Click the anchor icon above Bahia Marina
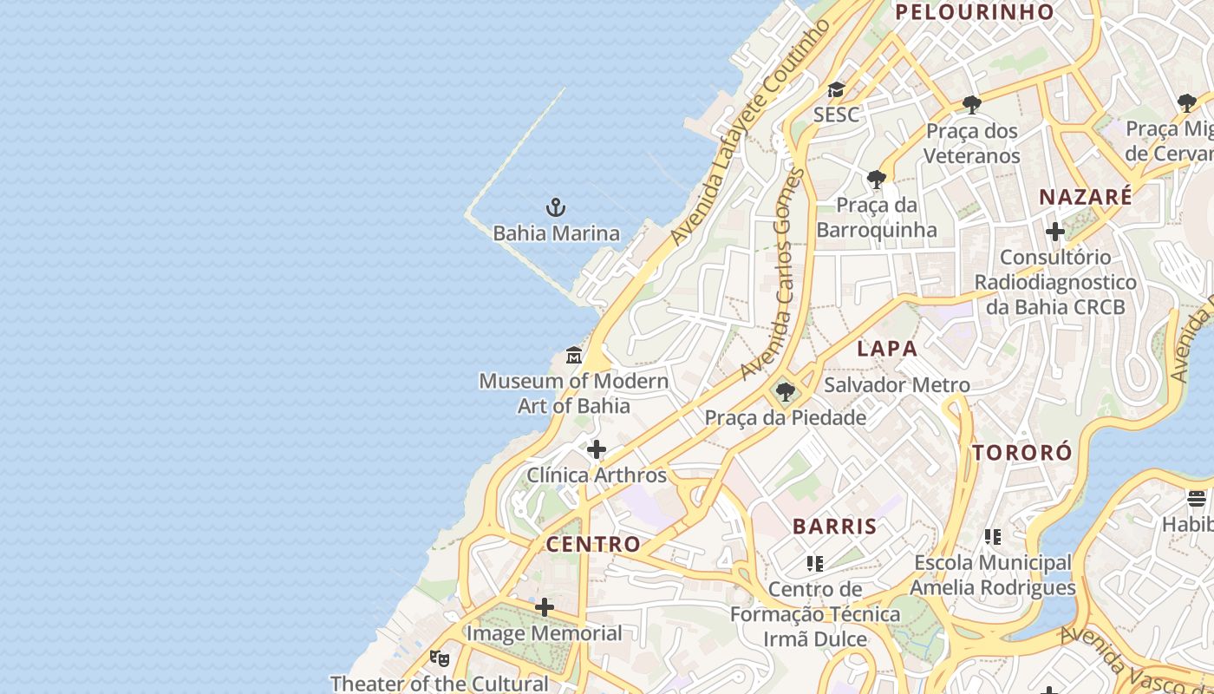pyautogui.click(x=556, y=207)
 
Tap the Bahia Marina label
pyautogui.click(x=556, y=233)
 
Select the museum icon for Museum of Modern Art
pyautogui.click(x=574, y=356)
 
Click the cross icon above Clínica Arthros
pyautogui.click(x=597, y=449)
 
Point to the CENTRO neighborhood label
pyautogui.click(x=593, y=545)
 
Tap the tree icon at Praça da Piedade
pyautogui.click(x=785, y=393)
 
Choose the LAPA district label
pyautogui.click(x=887, y=349)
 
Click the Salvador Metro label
pyautogui.click(x=897, y=384)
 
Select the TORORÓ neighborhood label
pyautogui.click(x=1021, y=453)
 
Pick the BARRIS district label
pyautogui.click(x=834, y=527)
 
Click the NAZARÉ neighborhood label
pyautogui.click(x=1086, y=197)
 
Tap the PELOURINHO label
pyautogui.click(x=974, y=12)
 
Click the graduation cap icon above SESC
pyautogui.click(x=836, y=89)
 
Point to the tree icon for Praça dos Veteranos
pyautogui.click(x=971, y=105)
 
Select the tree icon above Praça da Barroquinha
pyautogui.click(x=877, y=180)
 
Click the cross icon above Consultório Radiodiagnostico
pyautogui.click(x=1054, y=232)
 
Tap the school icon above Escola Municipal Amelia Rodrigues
pyautogui.click(x=993, y=537)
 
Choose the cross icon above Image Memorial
pyautogui.click(x=545, y=607)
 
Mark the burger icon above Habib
pyautogui.click(x=1197, y=499)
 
